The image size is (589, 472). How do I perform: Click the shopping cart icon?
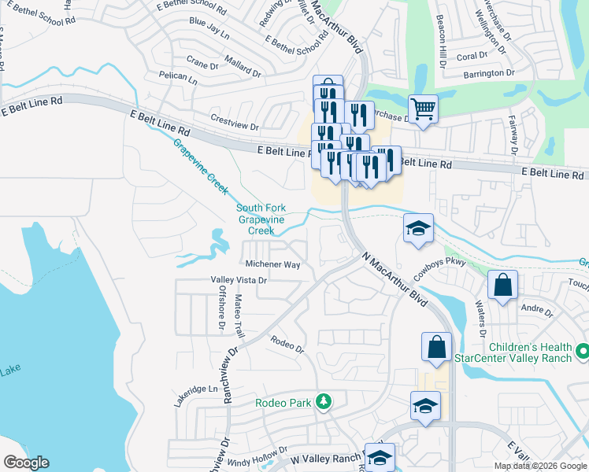click(x=423, y=109)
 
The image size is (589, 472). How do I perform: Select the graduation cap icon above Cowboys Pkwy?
click(x=419, y=228)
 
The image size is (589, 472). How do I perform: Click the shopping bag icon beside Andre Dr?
click(x=502, y=285)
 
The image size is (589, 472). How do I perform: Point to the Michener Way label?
click(x=272, y=265)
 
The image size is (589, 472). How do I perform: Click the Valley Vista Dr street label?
click(x=239, y=280)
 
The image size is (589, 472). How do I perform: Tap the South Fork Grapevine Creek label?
click(x=261, y=219)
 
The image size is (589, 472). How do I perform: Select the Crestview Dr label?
click(x=235, y=126)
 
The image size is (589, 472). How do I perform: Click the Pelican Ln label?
click(x=177, y=77)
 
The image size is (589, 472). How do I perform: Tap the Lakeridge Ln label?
click(x=195, y=389)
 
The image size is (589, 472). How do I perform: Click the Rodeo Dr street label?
click(x=286, y=343)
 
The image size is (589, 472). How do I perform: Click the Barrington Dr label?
click(x=488, y=73)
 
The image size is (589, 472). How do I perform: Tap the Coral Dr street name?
click(x=472, y=56)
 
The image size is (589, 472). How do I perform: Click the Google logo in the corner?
click(x=26, y=463)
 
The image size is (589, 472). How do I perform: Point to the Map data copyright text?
click(x=540, y=466)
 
